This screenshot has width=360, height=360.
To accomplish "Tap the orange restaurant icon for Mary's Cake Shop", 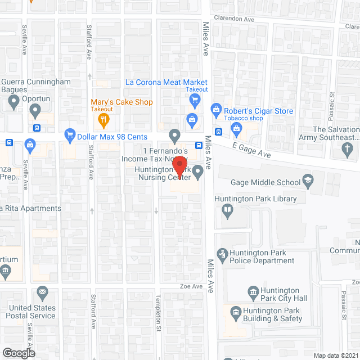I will (x=103, y=119).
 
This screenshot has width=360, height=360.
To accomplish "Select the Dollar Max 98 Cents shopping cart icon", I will (x=70, y=134).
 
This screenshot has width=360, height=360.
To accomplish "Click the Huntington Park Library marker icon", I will (x=228, y=211).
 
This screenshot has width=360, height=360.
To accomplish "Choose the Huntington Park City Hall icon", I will (x=253, y=291).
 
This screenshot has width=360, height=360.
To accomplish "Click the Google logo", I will (x=18, y=353).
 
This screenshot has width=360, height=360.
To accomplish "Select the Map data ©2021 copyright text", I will (x=335, y=355).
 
